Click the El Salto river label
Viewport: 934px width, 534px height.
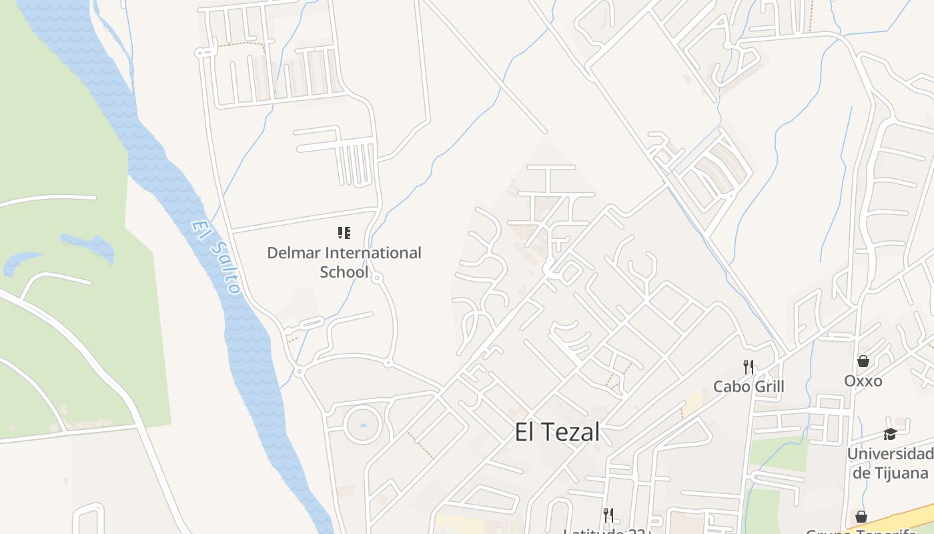point(215,257)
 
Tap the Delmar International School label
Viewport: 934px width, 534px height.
point(344,262)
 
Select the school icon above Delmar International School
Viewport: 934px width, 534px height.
point(344,233)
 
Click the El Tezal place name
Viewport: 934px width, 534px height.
point(557,432)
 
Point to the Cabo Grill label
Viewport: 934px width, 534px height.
point(749,386)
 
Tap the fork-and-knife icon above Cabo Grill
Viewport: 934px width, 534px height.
point(749,366)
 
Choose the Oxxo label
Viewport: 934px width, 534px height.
point(863,381)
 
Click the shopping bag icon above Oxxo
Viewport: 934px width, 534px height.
point(863,361)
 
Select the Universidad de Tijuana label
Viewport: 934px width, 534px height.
point(890,463)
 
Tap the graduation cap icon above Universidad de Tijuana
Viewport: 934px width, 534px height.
point(890,435)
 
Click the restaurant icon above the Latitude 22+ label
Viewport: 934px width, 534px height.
point(608,515)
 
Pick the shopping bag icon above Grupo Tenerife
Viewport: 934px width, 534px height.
point(861,517)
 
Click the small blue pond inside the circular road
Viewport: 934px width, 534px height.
point(363,425)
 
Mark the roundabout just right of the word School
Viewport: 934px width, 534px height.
point(377,277)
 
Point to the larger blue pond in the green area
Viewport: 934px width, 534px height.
point(87,244)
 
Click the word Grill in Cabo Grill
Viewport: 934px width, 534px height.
point(769,386)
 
